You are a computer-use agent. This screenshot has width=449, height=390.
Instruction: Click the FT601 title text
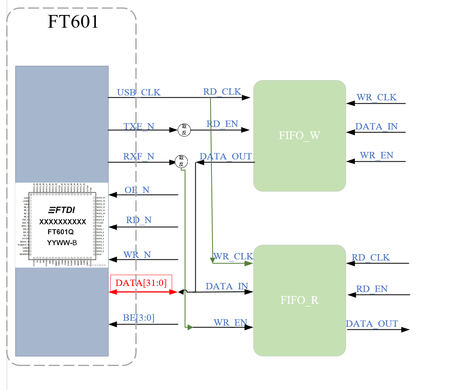pos(73,22)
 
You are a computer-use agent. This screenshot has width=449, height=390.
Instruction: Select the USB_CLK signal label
pos(138,92)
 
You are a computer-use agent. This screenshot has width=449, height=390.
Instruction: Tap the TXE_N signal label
pos(139,127)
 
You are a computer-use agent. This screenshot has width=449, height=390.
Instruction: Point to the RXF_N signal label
pos(138,156)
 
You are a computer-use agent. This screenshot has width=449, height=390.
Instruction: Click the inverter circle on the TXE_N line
pos(184,130)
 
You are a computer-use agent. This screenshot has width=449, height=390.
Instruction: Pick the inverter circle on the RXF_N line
pos(181,161)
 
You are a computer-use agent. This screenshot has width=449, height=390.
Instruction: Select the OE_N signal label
pos(137,190)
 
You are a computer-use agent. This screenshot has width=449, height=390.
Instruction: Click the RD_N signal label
pos(138,220)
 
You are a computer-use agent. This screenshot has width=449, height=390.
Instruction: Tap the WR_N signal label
pos(137,255)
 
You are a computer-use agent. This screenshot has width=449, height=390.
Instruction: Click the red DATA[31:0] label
pos(141,283)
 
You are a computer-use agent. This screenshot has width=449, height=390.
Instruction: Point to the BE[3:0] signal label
pos(138,318)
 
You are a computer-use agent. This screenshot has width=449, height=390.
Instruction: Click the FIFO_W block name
pos(299,135)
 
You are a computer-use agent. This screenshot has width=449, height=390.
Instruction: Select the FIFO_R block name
pos(299,300)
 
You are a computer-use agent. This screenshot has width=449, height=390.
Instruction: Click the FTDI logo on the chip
pos(62,210)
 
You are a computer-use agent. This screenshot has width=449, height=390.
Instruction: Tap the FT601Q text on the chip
pos(61,232)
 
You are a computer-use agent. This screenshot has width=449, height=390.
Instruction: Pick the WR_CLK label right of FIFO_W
pos(376,97)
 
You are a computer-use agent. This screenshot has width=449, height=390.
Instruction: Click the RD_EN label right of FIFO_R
pos(372,289)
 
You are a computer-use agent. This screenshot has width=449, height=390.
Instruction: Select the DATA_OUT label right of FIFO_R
pos(372,324)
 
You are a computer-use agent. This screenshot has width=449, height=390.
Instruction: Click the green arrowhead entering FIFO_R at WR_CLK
pos(248,263)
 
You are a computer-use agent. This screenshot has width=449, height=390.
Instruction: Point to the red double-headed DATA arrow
pos(143,292)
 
